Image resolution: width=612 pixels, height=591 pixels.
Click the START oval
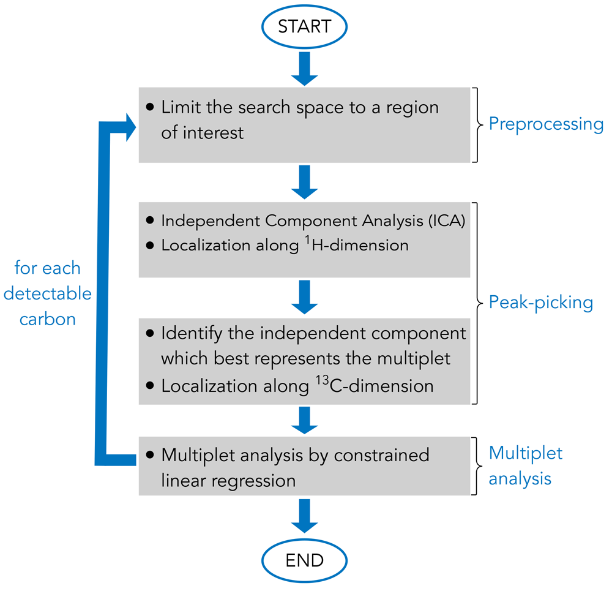pyautogui.click(x=304, y=27)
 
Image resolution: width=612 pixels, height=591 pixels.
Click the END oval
pyautogui.click(x=304, y=560)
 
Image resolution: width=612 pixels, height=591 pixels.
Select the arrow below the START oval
pyautogui.click(x=304, y=69)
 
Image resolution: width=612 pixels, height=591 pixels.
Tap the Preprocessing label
pyautogui.click(x=546, y=124)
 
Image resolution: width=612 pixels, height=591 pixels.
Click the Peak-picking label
pyautogui.click(x=541, y=303)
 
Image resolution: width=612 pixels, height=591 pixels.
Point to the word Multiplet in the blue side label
pyautogui.click(x=526, y=454)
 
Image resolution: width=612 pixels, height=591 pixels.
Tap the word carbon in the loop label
pyautogui.click(x=47, y=319)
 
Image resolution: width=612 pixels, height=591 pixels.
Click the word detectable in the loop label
pyautogui.click(x=47, y=294)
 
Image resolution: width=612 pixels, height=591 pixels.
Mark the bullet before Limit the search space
pyautogui.click(x=151, y=107)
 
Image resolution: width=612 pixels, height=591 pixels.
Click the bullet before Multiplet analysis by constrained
pyautogui.click(x=151, y=456)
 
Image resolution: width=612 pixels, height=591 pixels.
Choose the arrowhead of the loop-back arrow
pyautogui.click(x=130, y=127)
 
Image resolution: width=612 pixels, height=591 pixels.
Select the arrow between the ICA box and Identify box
pyautogui.click(x=304, y=297)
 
